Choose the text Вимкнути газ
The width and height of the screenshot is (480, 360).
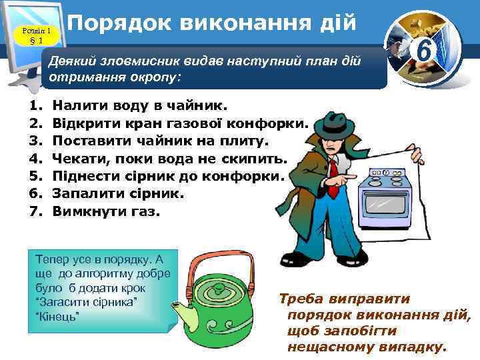106,211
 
